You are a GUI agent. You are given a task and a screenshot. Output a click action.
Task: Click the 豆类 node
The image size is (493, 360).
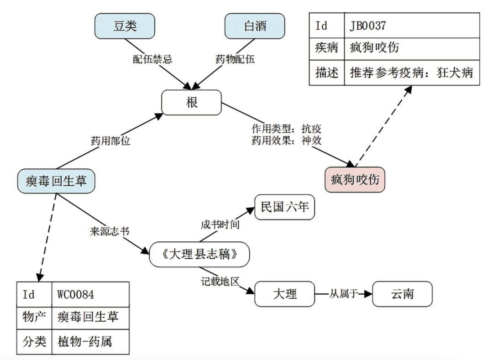125,26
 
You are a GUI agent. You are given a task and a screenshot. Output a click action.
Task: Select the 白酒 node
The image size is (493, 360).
255,26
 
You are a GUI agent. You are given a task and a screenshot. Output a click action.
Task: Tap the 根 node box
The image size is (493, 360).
192,102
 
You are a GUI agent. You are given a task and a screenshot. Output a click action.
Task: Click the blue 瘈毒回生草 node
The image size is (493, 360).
57,181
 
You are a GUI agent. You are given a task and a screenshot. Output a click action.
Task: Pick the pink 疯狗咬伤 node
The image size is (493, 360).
355,179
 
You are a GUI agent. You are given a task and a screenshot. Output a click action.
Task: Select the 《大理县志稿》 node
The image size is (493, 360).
199,254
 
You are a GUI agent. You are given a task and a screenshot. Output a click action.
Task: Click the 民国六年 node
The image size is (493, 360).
285,208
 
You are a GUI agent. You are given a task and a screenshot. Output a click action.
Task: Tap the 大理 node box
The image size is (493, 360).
285,294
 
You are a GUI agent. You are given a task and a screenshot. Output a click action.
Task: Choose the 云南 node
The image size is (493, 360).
402,294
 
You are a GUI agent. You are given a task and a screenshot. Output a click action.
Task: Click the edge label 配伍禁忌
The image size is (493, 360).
152,59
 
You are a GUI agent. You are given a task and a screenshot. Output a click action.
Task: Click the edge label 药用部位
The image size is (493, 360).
110,141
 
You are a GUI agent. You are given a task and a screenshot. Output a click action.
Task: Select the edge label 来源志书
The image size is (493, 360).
110,231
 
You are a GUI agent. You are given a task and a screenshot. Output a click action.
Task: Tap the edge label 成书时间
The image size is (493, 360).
220,224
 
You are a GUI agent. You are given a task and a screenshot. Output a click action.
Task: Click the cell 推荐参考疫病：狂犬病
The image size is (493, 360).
412,73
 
